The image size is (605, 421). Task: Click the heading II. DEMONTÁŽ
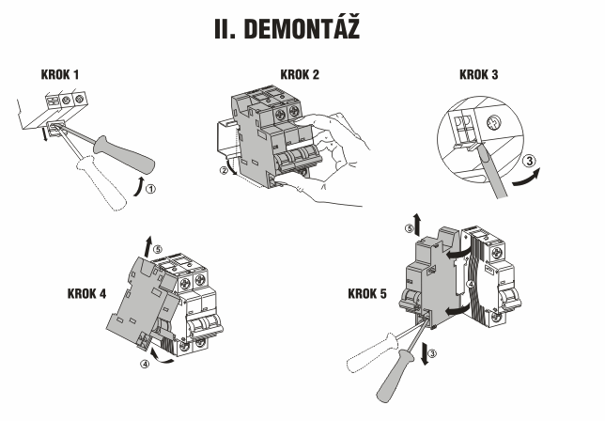pyautogui.click(x=287, y=28)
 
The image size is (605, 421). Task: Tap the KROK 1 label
pyautogui.click(x=60, y=74)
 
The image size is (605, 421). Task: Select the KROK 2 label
pyautogui.click(x=300, y=74)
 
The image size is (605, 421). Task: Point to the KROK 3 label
pyautogui.click(x=478, y=74)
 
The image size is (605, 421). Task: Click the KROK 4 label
pyautogui.click(x=86, y=293)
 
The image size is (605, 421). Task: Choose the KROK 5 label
pyautogui.click(x=367, y=293)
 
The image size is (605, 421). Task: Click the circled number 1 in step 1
pyautogui.click(x=151, y=189)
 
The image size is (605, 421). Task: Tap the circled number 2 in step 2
pyautogui.click(x=224, y=170)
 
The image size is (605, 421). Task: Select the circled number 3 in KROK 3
pyautogui.click(x=530, y=161)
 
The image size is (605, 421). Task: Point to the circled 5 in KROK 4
pyautogui.click(x=158, y=249)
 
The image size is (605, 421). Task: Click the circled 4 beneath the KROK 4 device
pyautogui.click(x=145, y=364)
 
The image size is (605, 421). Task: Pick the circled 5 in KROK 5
pyautogui.click(x=409, y=228)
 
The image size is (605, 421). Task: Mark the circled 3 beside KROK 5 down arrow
pyautogui.click(x=432, y=353)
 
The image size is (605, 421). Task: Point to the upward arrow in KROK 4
pyautogui.click(x=148, y=246)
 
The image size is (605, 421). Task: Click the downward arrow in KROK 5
pyautogui.click(x=425, y=353)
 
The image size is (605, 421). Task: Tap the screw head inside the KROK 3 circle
pyautogui.click(x=492, y=123)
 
